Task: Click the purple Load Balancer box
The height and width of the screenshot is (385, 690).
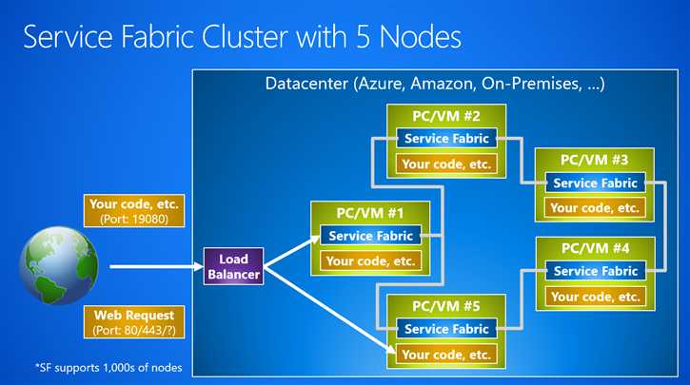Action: (x=233, y=267)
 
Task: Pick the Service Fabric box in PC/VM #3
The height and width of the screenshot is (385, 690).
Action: (x=594, y=183)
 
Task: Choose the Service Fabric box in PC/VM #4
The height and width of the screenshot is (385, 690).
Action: (x=594, y=271)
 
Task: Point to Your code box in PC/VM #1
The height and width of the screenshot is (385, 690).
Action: (x=370, y=260)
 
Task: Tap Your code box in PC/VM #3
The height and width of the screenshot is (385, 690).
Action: (x=594, y=207)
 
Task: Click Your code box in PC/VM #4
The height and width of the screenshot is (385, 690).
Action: (x=594, y=296)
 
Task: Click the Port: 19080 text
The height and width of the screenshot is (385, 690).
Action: (x=134, y=220)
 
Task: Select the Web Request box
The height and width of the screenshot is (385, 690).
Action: (x=134, y=321)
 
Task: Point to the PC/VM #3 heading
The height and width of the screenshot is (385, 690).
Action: (x=594, y=159)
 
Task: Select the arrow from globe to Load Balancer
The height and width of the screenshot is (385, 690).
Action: (x=152, y=267)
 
